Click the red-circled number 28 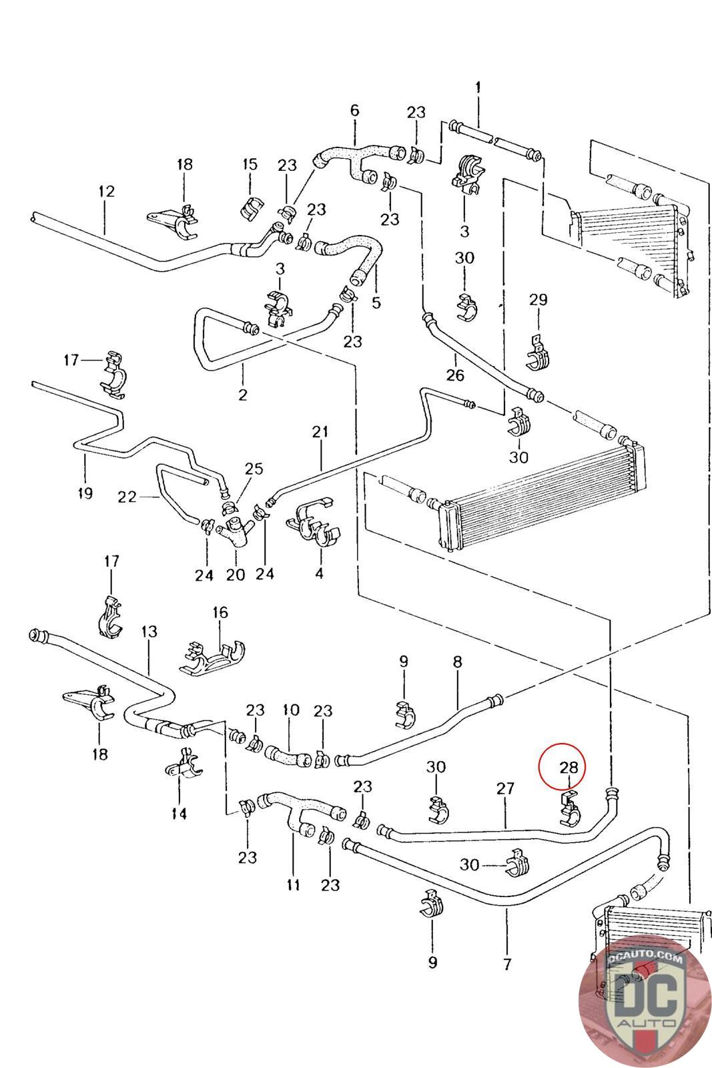(568, 767)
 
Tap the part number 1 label (478, 87)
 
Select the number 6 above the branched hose (354, 110)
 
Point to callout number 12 (106, 191)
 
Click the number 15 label (250, 164)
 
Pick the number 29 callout (538, 300)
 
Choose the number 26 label (454, 374)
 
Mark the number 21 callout (320, 431)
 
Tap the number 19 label (85, 493)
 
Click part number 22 (127, 497)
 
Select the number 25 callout (254, 468)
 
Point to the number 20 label (236, 575)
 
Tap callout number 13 (149, 631)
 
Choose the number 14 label (180, 813)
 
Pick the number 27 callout (505, 788)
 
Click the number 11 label (293, 884)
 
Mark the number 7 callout (506, 964)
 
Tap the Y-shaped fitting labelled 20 (235, 531)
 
